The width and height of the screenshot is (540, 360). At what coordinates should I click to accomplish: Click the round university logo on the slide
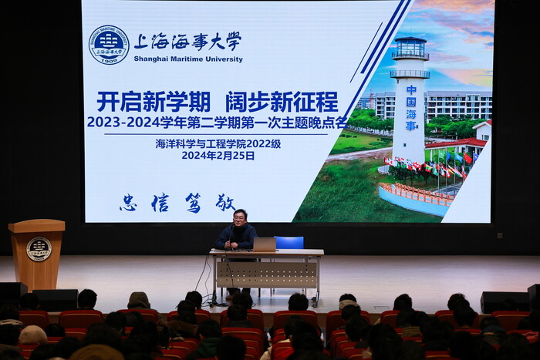(109, 45)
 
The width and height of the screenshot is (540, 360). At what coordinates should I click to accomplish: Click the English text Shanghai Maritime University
(188, 59)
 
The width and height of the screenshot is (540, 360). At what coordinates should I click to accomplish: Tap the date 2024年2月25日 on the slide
(218, 156)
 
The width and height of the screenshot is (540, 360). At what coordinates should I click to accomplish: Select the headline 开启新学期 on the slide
(154, 102)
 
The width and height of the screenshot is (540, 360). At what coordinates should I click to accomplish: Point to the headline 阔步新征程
(282, 102)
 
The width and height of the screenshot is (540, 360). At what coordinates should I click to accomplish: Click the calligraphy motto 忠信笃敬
(177, 203)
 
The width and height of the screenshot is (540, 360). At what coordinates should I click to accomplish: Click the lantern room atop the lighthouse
(410, 48)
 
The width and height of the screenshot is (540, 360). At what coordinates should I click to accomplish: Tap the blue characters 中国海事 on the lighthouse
(411, 108)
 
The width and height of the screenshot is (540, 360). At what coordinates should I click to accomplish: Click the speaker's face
(239, 217)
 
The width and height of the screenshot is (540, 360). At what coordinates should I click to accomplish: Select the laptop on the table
(264, 244)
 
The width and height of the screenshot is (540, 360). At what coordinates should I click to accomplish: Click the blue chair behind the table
(289, 242)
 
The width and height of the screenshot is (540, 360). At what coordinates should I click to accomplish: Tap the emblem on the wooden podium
(39, 249)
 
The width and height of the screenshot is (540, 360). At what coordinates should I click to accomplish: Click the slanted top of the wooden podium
(36, 225)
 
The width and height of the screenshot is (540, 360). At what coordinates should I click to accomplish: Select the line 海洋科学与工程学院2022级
(218, 144)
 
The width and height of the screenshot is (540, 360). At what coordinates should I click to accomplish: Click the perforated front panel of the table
(267, 275)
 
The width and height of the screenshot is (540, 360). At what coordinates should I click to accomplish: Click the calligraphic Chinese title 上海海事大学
(187, 42)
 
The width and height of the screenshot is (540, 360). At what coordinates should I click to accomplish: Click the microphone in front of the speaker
(231, 234)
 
